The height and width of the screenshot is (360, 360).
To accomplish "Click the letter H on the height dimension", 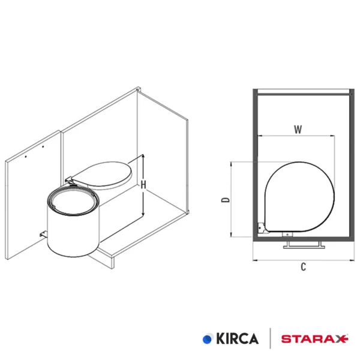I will point(143,185).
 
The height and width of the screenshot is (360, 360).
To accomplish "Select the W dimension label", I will point(298,129).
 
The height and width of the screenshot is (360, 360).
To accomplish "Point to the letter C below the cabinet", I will point(304,268).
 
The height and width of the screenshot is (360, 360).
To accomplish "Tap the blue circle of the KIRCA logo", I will point(208,339).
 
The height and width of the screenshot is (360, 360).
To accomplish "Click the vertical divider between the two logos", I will point(271,339).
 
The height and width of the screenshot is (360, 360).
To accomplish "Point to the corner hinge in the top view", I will point(262,227).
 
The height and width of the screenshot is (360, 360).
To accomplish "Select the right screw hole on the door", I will point(44,146).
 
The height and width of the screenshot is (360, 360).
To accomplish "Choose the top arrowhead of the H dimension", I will point(143,156).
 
